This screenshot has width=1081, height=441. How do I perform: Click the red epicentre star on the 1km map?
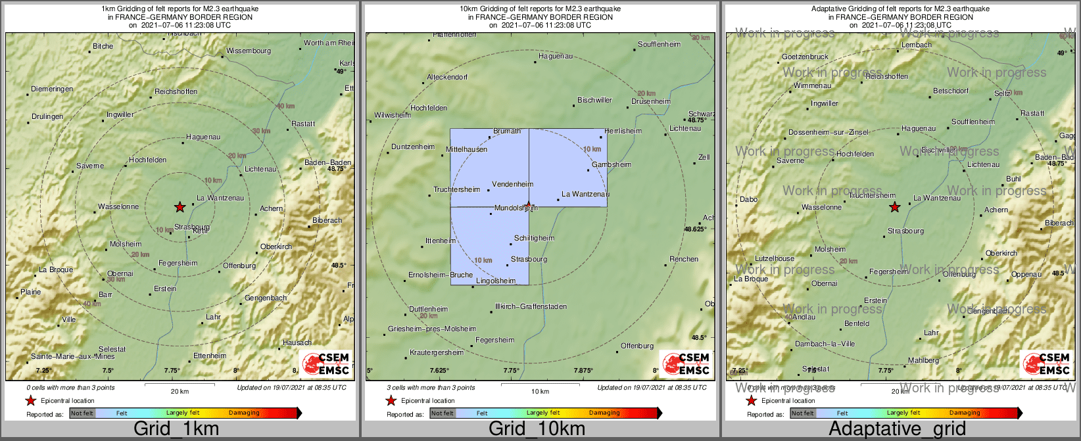coord(180,207)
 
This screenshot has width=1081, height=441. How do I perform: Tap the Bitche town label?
coord(103,47)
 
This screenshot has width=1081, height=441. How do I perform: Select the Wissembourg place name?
coord(249,51)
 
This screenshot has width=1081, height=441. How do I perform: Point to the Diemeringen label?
coord(52,89)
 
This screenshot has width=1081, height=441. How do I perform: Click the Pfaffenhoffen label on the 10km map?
coord(454,35)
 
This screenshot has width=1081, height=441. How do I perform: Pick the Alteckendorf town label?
coord(447,78)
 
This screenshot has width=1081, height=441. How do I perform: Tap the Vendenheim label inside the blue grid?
coord(512,185)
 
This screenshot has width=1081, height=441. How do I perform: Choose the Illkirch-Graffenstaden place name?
coord(531,307)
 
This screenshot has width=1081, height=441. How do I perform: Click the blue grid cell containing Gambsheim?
coord(568,168)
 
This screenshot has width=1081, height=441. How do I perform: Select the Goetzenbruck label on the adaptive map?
coord(805,57)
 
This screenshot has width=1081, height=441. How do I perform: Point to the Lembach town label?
coord(917,45)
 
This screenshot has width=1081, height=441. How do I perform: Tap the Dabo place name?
coord(748,200)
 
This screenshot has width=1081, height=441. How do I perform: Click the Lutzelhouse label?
coord(775,259)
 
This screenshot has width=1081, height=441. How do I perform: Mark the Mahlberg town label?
coord(923,361)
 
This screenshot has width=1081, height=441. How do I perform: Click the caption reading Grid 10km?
coord(537,429)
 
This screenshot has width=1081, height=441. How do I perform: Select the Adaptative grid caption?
coord(897,429)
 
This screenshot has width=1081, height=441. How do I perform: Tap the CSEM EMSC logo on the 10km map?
coord(686,364)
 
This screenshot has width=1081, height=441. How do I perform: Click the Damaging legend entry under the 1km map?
coord(244,413)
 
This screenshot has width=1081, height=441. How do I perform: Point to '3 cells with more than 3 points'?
coord(431,388)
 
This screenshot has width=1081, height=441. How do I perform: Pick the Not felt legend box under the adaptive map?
coord(802,413)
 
